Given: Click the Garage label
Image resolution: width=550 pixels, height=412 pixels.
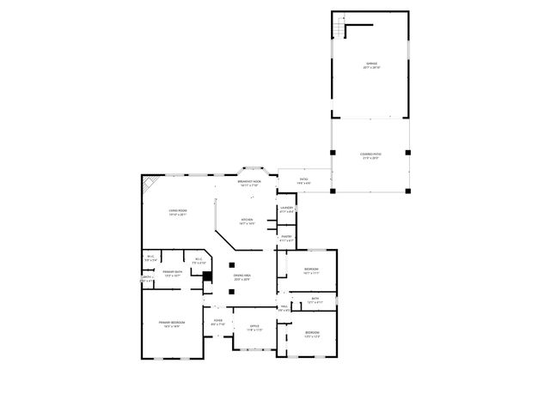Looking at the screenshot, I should (x=371, y=64).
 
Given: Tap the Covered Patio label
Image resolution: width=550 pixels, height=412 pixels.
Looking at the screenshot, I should (x=371, y=154).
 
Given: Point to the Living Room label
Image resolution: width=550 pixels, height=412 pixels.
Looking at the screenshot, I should (x=178, y=211).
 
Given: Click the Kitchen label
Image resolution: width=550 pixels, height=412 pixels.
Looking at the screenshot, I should (x=247, y=221).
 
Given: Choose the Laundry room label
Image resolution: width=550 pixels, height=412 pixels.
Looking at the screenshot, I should (x=287, y=209).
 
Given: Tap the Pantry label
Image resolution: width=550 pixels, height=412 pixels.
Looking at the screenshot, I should (x=286, y=238).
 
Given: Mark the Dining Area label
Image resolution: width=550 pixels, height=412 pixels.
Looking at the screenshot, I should (x=241, y=276).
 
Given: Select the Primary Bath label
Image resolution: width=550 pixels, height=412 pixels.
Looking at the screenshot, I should (x=173, y=273).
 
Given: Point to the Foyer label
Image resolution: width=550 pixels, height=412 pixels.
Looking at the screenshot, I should (x=217, y=323).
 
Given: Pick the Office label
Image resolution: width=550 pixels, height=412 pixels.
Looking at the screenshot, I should (x=254, y=327).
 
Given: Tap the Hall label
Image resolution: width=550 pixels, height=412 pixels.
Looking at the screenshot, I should (x=284, y=308).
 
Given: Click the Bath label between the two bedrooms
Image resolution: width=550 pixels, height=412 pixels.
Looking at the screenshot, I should (x=315, y=300).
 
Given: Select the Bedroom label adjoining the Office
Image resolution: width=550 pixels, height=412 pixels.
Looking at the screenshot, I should (x=311, y=334).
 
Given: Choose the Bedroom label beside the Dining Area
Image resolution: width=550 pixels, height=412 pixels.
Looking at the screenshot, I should (x=311, y=271).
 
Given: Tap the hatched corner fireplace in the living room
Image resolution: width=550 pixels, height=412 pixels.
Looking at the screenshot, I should (x=151, y=183).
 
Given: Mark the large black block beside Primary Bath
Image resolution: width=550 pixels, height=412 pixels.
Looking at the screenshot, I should (x=207, y=276).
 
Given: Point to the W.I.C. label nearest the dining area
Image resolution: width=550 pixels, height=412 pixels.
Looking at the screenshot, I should (x=198, y=260).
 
